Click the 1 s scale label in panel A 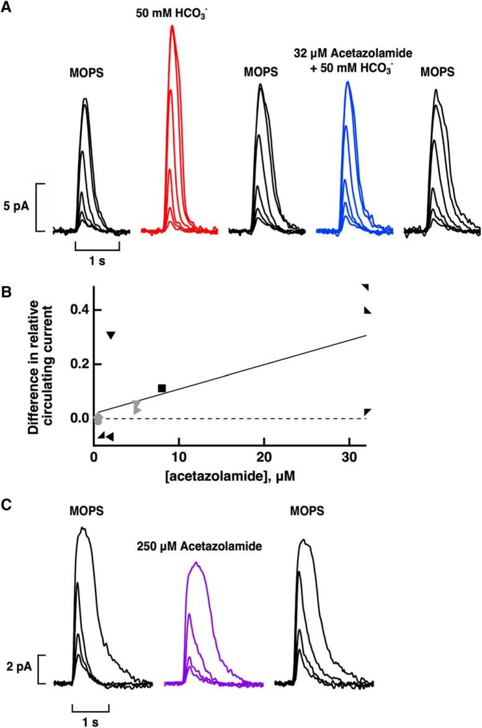(97, 261)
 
